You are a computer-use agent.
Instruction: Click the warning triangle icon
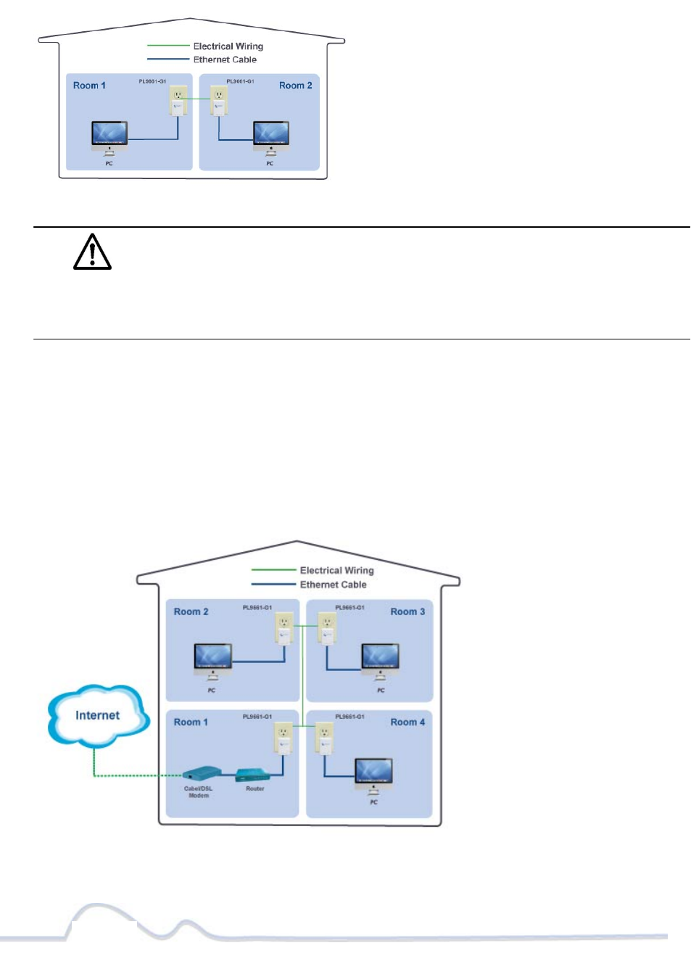[x=92, y=252]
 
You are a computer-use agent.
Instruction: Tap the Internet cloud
[x=98, y=716]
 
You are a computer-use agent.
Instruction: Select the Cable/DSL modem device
[x=201, y=774]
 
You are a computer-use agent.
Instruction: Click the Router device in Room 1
[x=253, y=776]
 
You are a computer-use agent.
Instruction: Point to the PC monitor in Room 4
[x=373, y=772]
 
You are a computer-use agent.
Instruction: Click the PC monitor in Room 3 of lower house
[x=380, y=657]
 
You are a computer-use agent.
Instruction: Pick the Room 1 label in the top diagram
[x=89, y=86]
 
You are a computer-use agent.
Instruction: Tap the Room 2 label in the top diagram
[x=295, y=86]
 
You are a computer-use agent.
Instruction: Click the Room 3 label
[x=407, y=612]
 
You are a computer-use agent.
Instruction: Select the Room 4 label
[x=407, y=722]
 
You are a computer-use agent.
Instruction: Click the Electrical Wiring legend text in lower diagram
[x=336, y=571]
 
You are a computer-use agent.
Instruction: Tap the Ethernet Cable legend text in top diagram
[x=225, y=60]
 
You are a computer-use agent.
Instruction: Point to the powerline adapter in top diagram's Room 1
[x=178, y=101]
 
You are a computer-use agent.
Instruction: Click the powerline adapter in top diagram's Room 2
[x=218, y=101]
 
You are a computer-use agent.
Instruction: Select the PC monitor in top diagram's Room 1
[x=109, y=134]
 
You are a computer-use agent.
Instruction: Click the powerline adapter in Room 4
[x=324, y=738]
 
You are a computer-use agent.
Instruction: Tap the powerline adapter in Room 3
[x=327, y=628]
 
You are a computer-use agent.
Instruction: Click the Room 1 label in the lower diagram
[x=191, y=722]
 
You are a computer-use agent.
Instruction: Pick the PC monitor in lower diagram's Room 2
[x=212, y=657]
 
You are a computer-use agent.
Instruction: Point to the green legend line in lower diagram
[x=273, y=571]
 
